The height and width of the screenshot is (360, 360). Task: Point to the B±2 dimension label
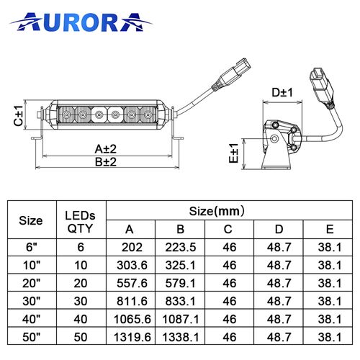point(107,161)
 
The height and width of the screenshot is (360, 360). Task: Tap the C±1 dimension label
point(19,115)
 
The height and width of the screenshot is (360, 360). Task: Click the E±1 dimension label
point(234,153)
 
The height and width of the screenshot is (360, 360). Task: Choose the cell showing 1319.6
point(130,335)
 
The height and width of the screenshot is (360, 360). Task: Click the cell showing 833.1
point(180,300)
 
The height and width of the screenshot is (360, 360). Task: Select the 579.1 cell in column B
point(180,283)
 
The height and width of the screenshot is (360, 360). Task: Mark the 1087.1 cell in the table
point(180,318)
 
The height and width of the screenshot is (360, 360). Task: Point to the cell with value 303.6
point(130,266)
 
